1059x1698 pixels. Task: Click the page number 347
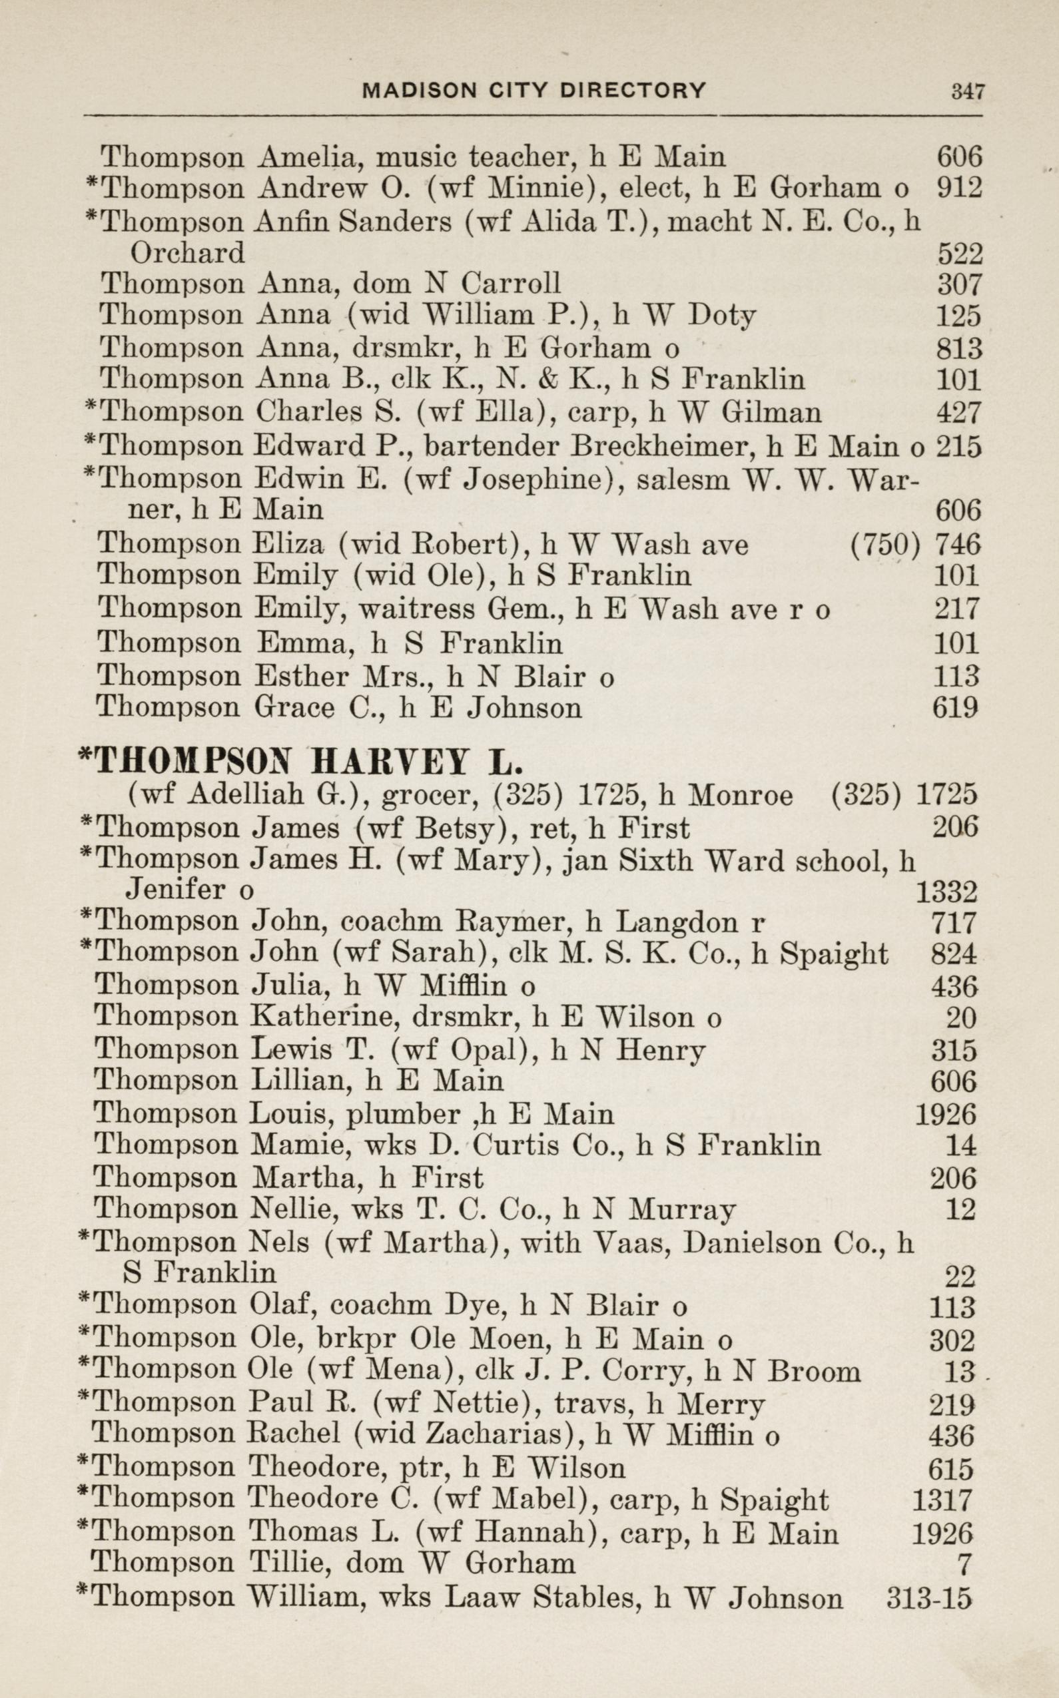(967, 91)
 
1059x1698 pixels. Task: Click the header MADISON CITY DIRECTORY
(533, 90)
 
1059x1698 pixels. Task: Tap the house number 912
(959, 188)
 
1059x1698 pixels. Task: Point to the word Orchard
(187, 253)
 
